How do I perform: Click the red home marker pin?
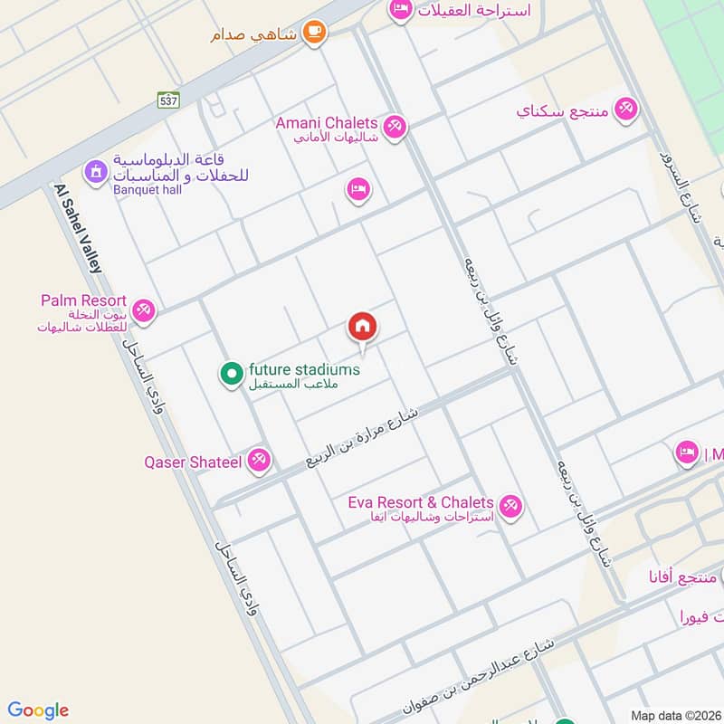click(363, 327)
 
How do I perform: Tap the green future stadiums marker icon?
click(231, 372)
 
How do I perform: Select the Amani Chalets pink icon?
click(394, 127)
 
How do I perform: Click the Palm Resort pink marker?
click(142, 311)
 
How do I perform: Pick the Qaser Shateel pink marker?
click(259, 462)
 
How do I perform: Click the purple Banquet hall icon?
click(95, 170)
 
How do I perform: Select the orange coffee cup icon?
click(314, 32)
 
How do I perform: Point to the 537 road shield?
click(167, 100)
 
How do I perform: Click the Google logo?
click(38, 710)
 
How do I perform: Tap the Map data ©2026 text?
click(674, 715)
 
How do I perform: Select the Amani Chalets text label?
click(327, 123)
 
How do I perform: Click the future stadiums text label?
click(304, 369)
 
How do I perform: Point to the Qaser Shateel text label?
click(193, 462)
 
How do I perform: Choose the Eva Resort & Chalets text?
click(421, 502)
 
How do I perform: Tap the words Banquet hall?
click(148, 190)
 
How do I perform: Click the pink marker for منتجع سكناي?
click(624, 110)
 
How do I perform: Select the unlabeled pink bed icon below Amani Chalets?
click(358, 189)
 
